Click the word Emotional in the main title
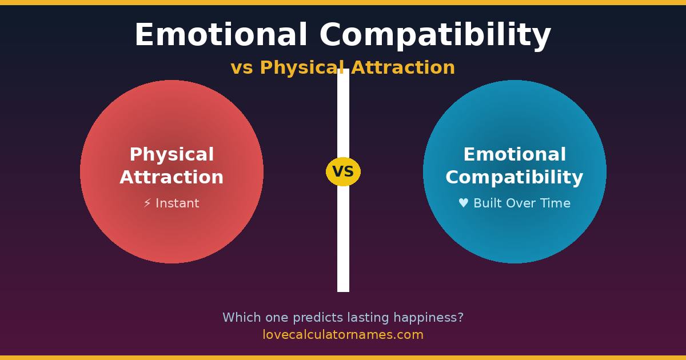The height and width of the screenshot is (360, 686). tap(221, 34)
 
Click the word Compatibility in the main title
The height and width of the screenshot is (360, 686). tap(435, 36)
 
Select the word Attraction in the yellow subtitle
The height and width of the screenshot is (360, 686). tap(403, 67)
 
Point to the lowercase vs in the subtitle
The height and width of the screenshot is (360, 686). tap(242, 68)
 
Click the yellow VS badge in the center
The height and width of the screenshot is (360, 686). tap(343, 171)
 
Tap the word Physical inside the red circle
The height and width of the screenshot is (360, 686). tap(172, 154)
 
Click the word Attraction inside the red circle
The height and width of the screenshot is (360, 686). tap(171, 177)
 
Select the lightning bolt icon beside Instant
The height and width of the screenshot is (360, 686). tap(147, 203)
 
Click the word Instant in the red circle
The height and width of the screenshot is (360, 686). tap(177, 203)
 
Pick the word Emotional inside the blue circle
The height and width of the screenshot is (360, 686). tap(514, 154)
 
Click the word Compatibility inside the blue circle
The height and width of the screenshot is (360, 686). tap(514, 178)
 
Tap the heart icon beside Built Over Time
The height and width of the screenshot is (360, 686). tap(464, 203)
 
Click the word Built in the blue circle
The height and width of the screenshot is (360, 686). tap(488, 203)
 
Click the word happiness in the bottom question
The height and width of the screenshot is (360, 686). tap(429, 318)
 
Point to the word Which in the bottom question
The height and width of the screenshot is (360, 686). tap(242, 318)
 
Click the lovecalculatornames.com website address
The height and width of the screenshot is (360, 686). tap(343, 335)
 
